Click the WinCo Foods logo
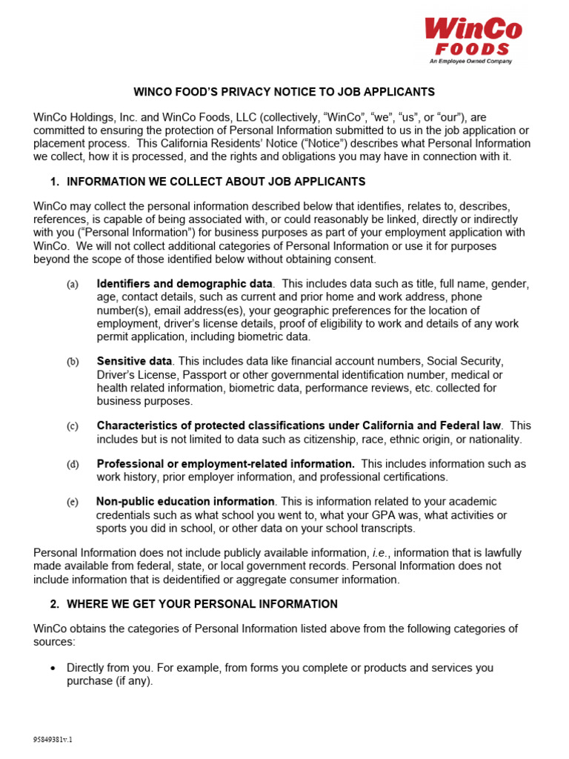[473, 39]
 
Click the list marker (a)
[72, 285]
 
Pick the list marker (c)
[72, 426]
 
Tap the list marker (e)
[72, 503]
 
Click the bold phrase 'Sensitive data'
[134, 361]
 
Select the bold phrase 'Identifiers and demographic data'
[184, 284]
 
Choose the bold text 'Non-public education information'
[185, 502]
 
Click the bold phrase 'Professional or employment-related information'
[225, 464]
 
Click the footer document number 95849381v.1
[53, 740]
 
